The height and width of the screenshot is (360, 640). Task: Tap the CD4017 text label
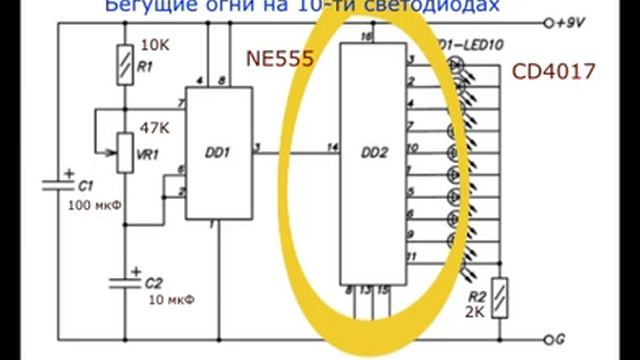pyautogui.click(x=553, y=72)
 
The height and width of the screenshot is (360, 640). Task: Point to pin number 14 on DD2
pyautogui.click(x=332, y=148)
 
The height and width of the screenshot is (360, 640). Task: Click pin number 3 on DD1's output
pyautogui.click(x=259, y=148)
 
